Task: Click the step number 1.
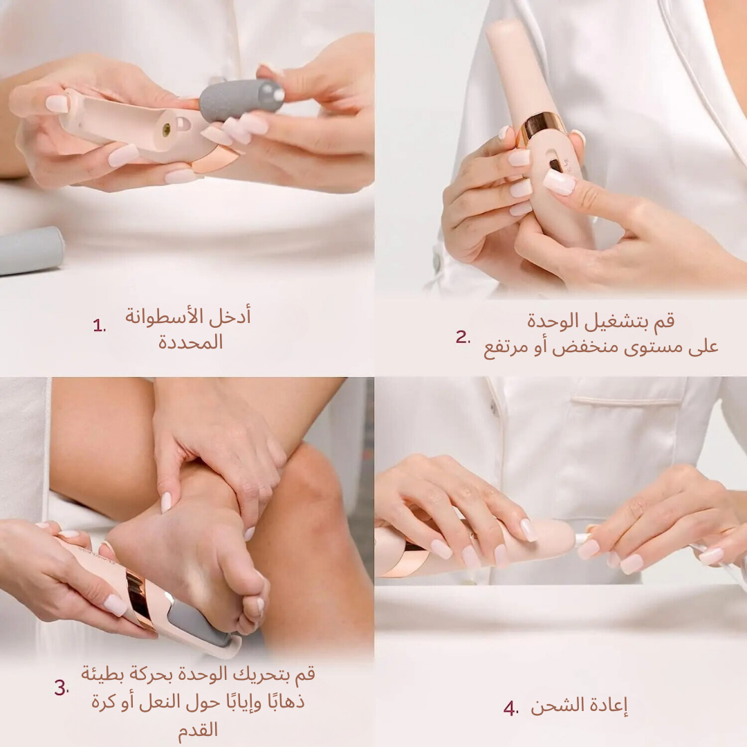click(x=99, y=326)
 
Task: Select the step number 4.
click(x=510, y=708)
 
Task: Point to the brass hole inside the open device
click(x=166, y=129)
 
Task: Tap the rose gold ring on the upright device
click(x=542, y=125)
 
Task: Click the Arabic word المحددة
click(x=191, y=342)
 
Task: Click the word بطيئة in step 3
click(x=104, y=673)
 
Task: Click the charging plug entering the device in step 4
click(x=583, y=538)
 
